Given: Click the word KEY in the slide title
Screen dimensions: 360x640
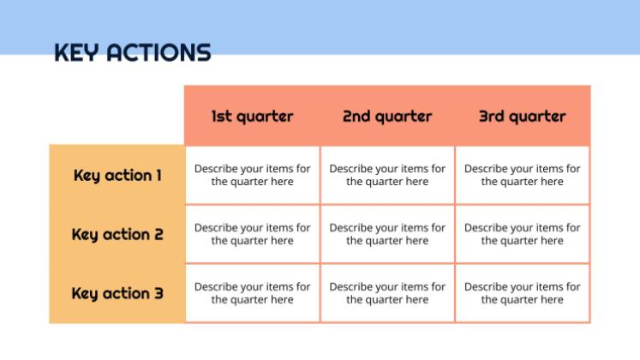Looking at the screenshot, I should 77,52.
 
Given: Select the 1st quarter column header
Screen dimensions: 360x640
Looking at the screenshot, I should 252,116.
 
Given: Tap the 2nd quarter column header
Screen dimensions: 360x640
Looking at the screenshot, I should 387,116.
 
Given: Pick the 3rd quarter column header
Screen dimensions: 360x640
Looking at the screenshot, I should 523,116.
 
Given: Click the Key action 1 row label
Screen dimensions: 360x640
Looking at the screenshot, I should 117,176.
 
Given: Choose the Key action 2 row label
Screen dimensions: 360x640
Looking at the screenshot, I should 117,234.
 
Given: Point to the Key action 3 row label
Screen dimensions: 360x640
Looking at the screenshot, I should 117,293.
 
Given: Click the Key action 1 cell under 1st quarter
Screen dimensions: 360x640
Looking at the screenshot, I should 253,175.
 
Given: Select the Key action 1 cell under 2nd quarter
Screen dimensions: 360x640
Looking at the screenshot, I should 387,175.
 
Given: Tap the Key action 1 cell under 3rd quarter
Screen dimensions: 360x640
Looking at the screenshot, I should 523,175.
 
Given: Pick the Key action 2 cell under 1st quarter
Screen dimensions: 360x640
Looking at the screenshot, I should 253,234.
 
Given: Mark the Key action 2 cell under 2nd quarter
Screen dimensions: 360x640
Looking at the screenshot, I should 387,234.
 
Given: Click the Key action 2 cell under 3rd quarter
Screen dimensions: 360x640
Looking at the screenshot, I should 523,234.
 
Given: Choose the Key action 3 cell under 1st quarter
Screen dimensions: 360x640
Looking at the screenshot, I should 253,293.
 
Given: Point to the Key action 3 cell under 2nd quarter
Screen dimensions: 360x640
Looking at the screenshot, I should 387,293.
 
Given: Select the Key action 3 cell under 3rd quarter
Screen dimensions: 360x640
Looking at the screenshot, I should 523,293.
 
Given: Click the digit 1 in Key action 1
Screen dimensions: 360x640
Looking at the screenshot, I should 159,176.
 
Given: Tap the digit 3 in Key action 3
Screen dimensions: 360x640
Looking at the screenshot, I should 159,293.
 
